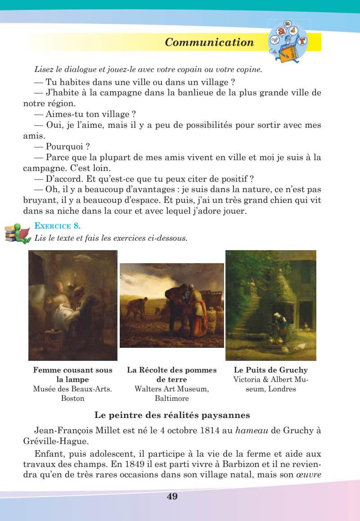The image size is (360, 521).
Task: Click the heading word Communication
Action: [209, 42]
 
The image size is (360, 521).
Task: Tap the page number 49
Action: [172, 496]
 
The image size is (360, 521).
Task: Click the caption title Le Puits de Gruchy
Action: [271, 370]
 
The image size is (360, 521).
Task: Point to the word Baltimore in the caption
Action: [171, 399]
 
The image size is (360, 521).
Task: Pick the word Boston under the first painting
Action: [72, 399]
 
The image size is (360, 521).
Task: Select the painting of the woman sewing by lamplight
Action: [73, 305]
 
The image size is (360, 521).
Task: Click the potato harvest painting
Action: [171, 305]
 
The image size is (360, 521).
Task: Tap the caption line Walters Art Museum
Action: [171, 389]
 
